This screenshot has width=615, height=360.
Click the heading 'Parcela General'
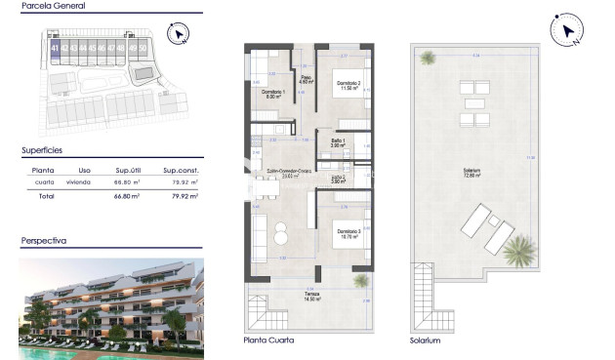click(x=54, y=7)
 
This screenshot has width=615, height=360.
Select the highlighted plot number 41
click(x=55, y=47)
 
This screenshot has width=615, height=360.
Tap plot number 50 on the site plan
click(x=143, y=47)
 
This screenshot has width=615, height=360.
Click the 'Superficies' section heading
click(x=42, y=151)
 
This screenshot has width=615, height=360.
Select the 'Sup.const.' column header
click(x=180, y=170)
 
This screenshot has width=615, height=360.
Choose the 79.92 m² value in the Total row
click(x=184, y=196)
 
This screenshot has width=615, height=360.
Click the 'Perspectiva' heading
click(x=44, y=239)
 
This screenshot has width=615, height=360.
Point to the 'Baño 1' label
click(x=337, y=142)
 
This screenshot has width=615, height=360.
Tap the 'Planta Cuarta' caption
click(x=268, y=340)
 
